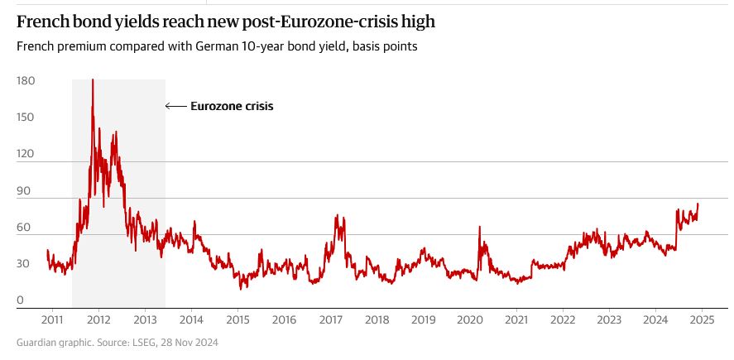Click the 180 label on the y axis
tap(25, 81)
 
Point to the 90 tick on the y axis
tap(25, 191)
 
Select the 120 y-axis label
tap(25, 154)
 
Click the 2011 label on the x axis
tap(51, 319)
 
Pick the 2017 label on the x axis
tap(330, 319)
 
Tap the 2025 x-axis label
tap(702, 319)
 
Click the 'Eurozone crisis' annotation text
tap(232, 106)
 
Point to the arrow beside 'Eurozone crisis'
tap(175, 106)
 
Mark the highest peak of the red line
tap(92, 79)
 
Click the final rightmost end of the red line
tap(698, 204)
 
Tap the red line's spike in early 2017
tap(337, 216)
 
